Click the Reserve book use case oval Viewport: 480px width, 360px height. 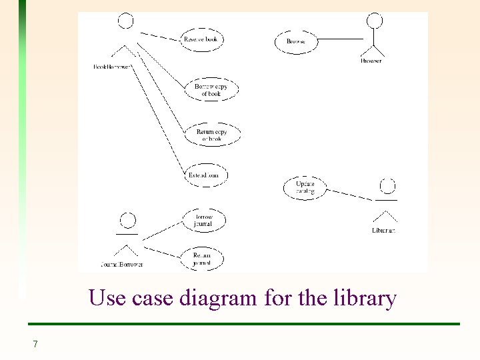(x=201, y=39)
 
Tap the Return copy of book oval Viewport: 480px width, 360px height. (x=211, y=135)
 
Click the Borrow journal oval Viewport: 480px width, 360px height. (x=203, y=221)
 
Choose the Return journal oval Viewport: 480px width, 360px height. (x=201, y=259)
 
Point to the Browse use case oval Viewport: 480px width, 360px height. (x=296, y=41)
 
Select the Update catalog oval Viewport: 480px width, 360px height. (x=305, y=187)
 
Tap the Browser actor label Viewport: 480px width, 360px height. (x=371, y=61)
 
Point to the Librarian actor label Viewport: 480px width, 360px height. (x=384, y=231)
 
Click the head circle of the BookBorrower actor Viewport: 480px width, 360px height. (x=126, y=21)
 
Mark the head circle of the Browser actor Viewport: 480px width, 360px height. (x=376, y=20)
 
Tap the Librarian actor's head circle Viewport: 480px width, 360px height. (x=387, y=185)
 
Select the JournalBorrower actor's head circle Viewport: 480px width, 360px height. (x=127, y=221)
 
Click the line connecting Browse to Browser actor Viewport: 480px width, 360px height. (x=340, y=39)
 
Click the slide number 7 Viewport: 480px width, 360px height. (x=35, y=344)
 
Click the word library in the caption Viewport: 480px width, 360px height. (x=365, y=297)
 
